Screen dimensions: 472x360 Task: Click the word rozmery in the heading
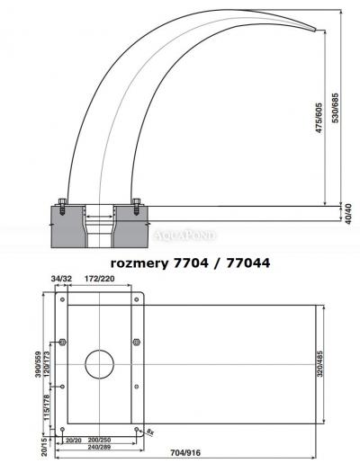[140, 263]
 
